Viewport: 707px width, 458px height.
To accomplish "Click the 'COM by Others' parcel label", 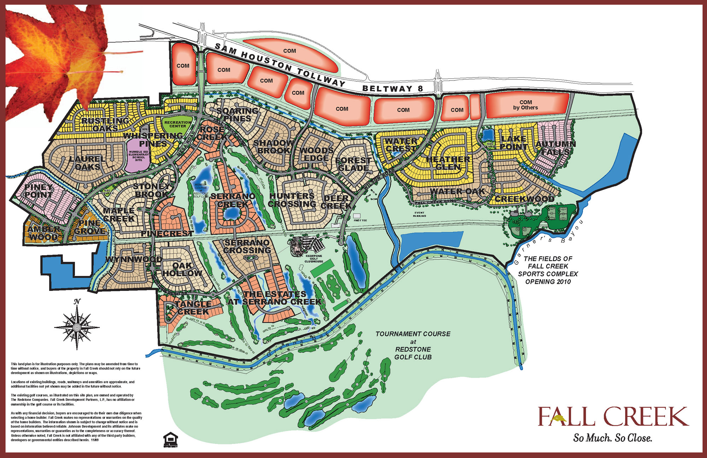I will (x=525, y=105).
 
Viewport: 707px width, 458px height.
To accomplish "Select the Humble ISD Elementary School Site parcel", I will (x=139, y=156).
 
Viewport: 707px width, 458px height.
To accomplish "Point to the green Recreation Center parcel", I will (x=177, y=124).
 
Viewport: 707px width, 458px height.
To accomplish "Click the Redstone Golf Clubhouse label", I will (x=314, y=258).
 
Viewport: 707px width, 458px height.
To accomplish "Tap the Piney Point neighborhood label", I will (x=39, y=191).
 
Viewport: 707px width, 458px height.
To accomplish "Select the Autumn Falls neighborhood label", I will (x=555, y=148).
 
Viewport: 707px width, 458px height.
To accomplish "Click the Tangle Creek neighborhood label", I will (x=193, y=308).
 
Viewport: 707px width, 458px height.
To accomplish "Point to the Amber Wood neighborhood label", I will (x=43, y=233).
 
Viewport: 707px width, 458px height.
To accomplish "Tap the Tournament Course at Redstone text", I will (x=413, y=345).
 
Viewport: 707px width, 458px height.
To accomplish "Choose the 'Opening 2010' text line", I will (x=548, y=282).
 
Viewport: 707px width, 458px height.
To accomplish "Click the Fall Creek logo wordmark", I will (x=613, y=417).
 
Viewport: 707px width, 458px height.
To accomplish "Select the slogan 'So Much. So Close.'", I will (x=612, y=438).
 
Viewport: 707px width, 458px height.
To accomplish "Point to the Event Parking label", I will (x=419, y=214).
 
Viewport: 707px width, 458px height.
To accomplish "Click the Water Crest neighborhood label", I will (x=401, y=145).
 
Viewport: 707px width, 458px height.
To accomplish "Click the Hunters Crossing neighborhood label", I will (x=292, y=200).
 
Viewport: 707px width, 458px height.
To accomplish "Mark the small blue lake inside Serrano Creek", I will (x=232, y=213).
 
